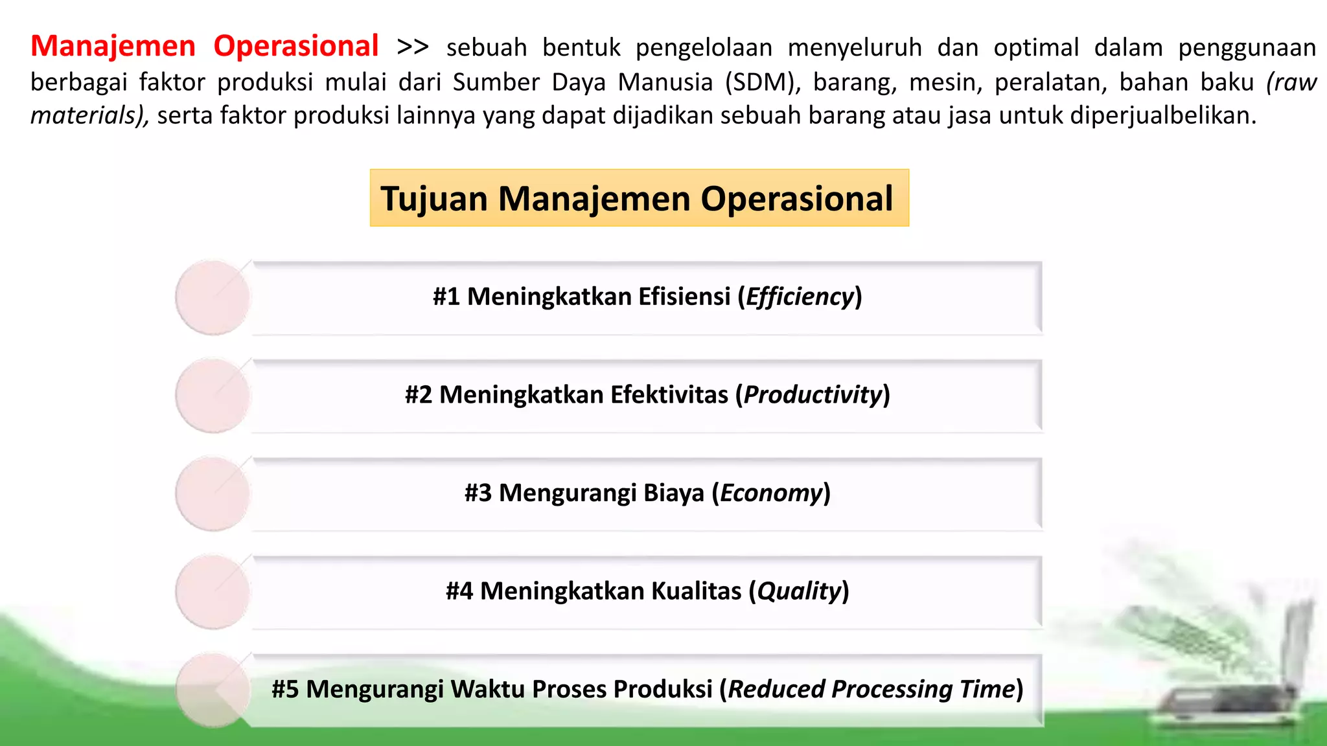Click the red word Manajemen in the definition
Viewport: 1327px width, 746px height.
(113, 47)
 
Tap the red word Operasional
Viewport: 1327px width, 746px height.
(296, 47)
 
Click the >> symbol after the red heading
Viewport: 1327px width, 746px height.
(413, 47)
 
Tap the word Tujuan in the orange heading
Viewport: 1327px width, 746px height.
(434, 198)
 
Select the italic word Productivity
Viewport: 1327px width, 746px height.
(813, 395)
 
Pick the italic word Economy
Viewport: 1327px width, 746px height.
(771, 493)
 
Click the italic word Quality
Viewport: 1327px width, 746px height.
(799, 591)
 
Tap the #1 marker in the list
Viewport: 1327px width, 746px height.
(446, 297)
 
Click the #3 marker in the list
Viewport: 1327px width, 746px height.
(478, 493)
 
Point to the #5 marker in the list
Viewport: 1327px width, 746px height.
(285, 690)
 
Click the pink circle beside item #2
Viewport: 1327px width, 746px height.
(213, 396)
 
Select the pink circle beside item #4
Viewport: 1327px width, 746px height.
(213, 592)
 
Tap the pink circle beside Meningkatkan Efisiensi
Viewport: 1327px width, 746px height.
(213, 297)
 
